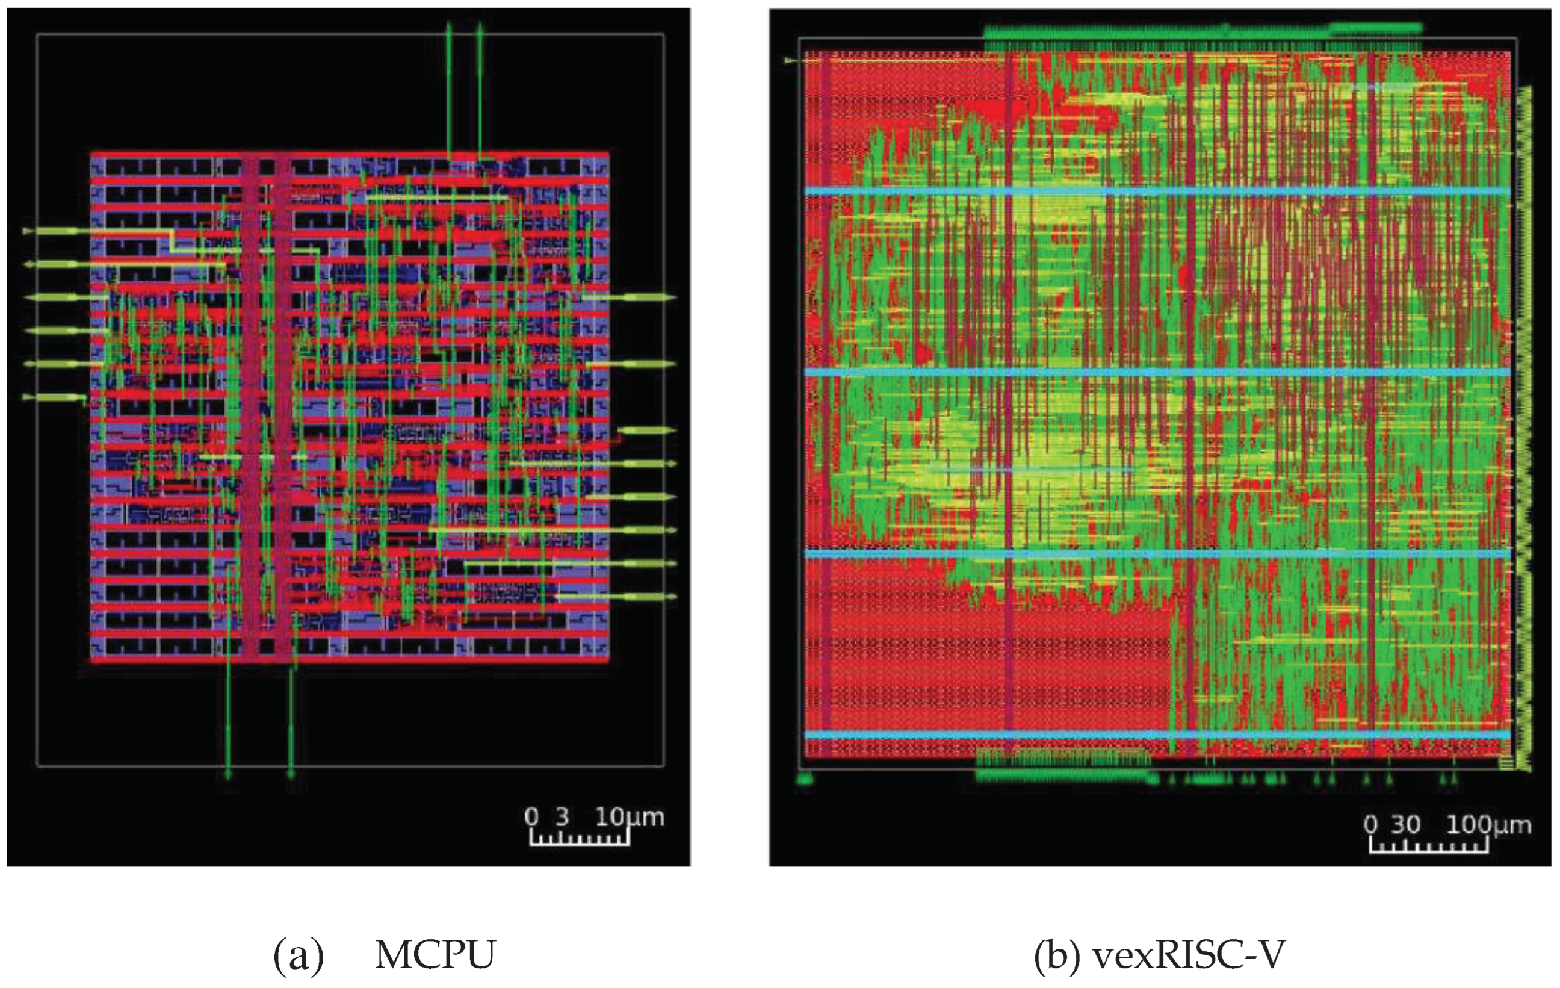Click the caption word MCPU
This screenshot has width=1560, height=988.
435,955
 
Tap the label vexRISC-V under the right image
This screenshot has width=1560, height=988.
1189,955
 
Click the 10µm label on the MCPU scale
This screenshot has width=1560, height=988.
629,817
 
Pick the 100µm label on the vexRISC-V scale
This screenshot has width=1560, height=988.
1488,825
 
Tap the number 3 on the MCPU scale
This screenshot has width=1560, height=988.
562,817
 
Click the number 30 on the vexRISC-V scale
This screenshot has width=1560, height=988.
1406,825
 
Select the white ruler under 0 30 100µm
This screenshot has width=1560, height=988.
1428,847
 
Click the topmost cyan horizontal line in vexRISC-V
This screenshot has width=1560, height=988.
1156,191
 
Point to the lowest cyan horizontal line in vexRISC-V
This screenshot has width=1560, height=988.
1156,735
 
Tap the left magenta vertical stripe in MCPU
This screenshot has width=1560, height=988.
251,408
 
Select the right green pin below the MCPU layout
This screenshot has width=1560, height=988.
291,719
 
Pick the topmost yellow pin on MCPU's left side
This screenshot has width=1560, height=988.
58,231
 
